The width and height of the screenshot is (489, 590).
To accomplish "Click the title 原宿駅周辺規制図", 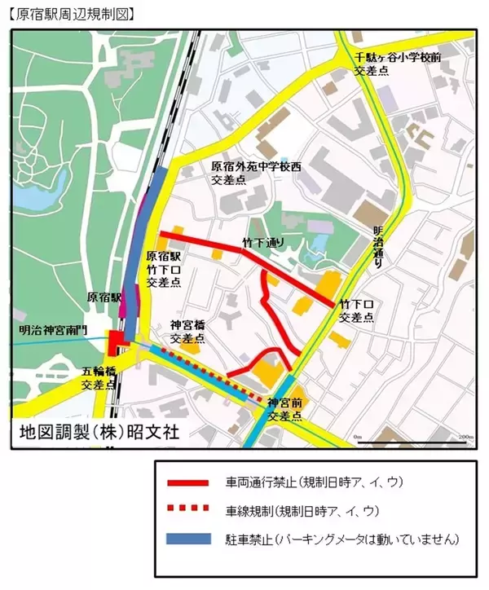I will click(73, 14).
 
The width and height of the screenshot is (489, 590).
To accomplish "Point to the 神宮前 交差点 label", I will click(285, 410).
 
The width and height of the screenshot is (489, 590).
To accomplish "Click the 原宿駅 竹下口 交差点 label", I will click(164, 269).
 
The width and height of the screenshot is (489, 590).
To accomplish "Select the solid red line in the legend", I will click(189, 482).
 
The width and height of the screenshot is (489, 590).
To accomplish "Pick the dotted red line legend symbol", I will click(189, 511).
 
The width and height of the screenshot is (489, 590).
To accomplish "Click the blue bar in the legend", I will click(189, 539).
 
